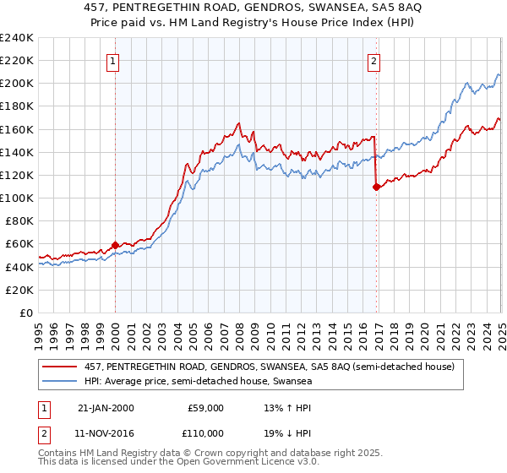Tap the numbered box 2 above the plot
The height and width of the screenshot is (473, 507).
tap(373, 60)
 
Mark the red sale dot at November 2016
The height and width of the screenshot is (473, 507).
tap(376, 188)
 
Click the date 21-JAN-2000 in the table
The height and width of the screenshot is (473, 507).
tap(105, 408)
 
